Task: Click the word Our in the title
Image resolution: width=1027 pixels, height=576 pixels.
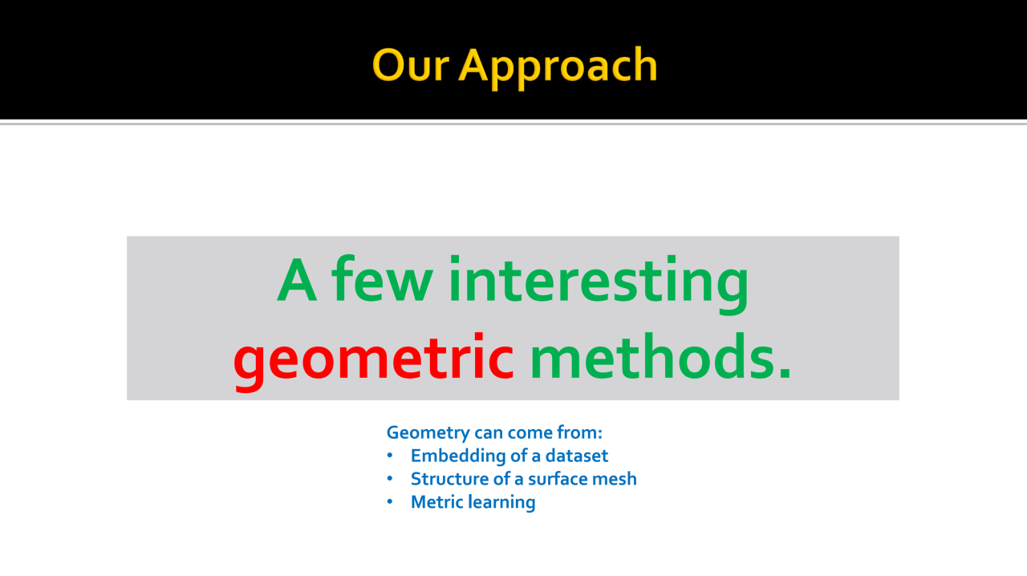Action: pyautogui.click(x=410, y=65)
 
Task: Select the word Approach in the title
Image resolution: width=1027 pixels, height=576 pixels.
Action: pyautogui.click(x=558, y=68)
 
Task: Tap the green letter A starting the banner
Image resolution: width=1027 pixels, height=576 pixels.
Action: pyautogui.click(x=297, y=280)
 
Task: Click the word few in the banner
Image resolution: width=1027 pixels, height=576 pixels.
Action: pyautogui.click(x=382, y=278)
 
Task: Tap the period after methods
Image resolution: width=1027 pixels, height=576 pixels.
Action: pyautogui.click(x=785, y=373)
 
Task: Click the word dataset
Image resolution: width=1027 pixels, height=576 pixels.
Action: pyautogui.click(x=576, y=456)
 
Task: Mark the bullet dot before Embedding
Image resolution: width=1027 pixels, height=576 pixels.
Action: pyautogui.click(x=390, y=456)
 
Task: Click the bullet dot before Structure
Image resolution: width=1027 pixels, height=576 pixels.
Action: pyautogui.click(x=390, y=479)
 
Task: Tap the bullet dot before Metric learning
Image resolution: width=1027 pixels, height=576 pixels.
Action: pyautogui.click(x=390, y=502)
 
